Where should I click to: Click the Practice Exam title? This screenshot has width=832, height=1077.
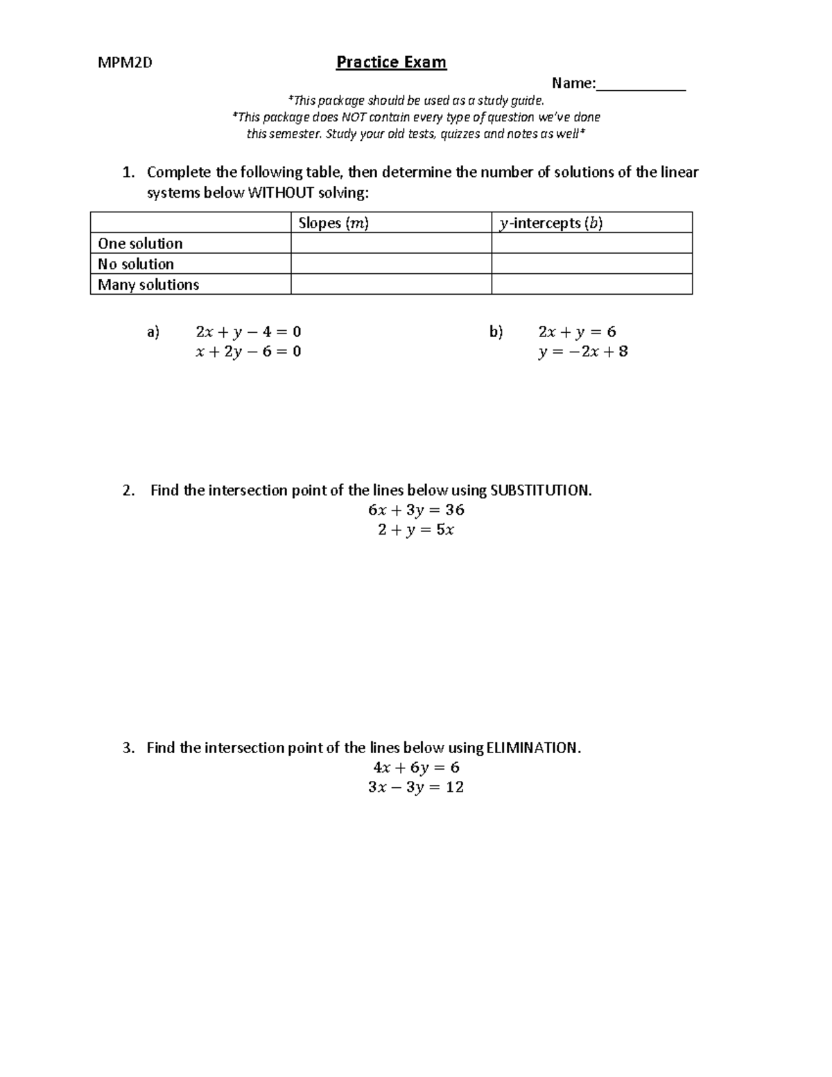click(x=391, y=62)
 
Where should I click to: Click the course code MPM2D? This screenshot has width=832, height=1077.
click(x=125, y=63)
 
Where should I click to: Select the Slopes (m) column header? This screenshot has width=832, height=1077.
click(x=333, y=223)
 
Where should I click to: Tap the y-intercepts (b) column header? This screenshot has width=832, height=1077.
click(x=551, y=223)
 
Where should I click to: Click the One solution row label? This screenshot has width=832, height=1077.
click(x=140, y=243)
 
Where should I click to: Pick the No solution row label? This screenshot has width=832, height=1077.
click(x=136, y=264)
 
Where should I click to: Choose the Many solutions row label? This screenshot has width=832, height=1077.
click(x=148, y=284)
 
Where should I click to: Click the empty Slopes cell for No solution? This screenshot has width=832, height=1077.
click(x=391, y=264)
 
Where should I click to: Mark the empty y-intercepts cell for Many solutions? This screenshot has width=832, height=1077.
click(x=591, y=284)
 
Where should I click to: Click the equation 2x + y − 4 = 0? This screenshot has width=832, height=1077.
click(x=248, y=331)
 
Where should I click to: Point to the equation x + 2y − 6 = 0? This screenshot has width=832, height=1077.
click(x=248, y=352)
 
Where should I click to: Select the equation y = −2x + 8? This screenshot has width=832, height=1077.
click(x=582, y=352)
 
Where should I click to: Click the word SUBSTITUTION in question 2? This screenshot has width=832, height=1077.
click(x=540, y=490)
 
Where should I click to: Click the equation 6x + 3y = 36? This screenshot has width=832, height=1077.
click(x=416, y=510)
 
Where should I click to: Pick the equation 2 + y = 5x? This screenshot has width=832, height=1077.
click(x=416, y=530)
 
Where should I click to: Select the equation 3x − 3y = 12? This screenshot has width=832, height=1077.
click(x=416, y=787)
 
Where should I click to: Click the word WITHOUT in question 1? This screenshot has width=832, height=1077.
click(x=281, y=193)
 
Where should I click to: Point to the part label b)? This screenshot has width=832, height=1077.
click(x=496, y=331)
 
